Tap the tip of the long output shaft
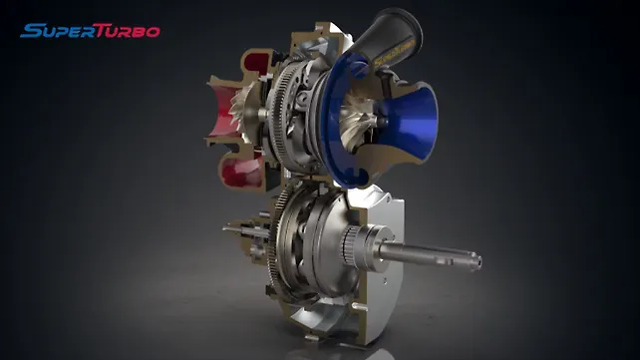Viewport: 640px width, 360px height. point(477,261)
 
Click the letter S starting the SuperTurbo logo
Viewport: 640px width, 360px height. point(28,30)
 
